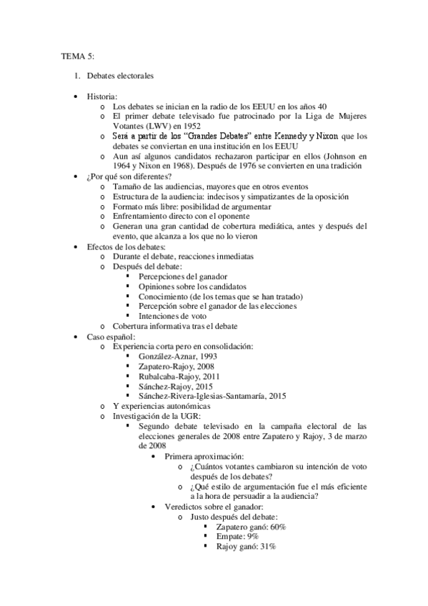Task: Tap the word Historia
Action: (102, 95)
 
